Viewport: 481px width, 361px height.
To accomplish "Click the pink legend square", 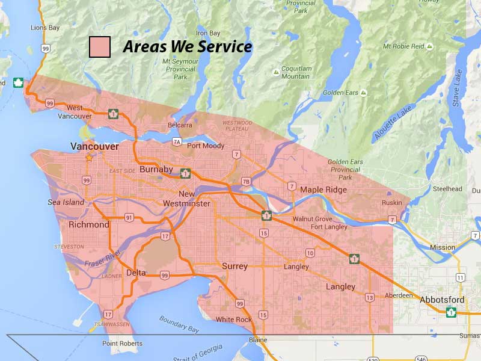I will (100, 47).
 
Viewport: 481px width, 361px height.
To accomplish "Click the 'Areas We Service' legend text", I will (187, 47).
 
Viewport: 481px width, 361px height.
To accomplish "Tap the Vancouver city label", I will (94, 146).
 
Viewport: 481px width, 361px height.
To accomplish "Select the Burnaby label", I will (156, 170).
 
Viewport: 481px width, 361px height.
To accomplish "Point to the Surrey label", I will (234, 266).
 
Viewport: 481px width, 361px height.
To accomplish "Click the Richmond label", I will (89, 224).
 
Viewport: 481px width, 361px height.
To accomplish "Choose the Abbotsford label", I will (442, 300).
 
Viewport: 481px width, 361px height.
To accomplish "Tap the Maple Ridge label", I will (323, 190).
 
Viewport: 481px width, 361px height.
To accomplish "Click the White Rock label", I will (233, 319).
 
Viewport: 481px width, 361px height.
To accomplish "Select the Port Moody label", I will (206, 146).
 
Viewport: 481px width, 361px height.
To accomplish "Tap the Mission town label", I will (443, 247).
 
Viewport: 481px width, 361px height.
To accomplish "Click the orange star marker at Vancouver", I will (89, 158).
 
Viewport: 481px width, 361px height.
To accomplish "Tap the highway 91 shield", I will (129, 217).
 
